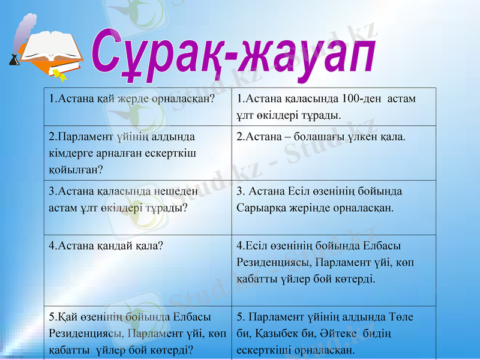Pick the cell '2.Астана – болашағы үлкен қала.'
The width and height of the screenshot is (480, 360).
[x=321, y=137]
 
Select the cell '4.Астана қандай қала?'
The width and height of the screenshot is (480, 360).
[x=107, y=245]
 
